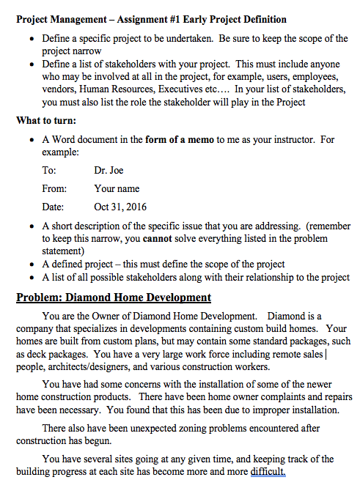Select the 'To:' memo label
(x=49, y=171)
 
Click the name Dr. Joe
(x=109, y=171)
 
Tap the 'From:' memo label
(x=54, y=189)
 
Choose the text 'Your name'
(x=117, y=189)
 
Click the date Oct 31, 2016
(x=120, y=207)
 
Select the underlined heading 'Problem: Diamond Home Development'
(x=114, y=297)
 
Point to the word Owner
(x=109, y=316)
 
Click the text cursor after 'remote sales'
(x=326, y=355)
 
